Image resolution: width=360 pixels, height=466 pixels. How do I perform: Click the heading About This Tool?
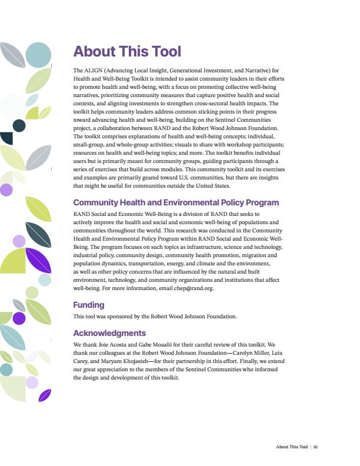(x=126, y=52)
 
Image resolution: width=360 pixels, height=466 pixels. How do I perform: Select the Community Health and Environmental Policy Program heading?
(x=175, y=202)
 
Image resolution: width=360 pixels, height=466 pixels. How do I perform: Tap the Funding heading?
(x=88, y=305)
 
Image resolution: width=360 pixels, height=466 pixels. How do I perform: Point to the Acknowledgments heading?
(x=109, y=333)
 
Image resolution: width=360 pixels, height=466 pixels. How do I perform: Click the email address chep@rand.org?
(x=194, y=289)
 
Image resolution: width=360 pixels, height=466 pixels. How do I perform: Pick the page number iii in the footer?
(x=316, y=447)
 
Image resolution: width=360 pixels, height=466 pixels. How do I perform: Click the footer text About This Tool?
(x=291, y=447)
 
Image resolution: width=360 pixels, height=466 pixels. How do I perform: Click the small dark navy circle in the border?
(x=19, y=125)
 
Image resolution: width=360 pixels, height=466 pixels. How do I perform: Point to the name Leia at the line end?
(x=269, y=352)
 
